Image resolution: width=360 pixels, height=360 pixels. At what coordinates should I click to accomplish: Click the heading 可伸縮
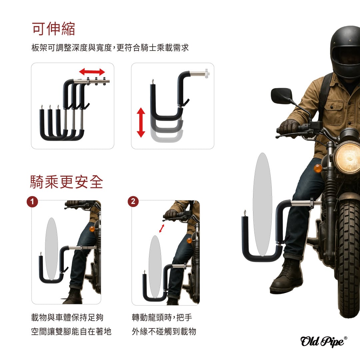tap(53, 29)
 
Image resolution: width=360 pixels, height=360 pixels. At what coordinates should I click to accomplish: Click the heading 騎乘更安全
tap(67, 182)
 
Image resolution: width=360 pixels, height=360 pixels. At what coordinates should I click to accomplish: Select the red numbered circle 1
tap(32, 202)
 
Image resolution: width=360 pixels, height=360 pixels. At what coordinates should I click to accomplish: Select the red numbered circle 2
tap(133, 202)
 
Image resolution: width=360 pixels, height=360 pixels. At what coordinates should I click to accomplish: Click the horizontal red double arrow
tap(92, 72)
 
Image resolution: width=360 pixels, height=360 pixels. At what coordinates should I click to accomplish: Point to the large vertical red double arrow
tap(141, 122)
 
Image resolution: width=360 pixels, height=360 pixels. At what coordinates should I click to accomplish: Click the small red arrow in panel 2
tap(162, 228)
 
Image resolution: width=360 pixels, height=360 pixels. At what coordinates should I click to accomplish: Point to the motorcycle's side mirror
tap(281, 96)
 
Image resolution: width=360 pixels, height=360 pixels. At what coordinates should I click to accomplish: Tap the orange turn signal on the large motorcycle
tap(318, 169)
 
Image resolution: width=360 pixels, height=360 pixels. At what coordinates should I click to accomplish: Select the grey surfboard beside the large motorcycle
tap(262, 204)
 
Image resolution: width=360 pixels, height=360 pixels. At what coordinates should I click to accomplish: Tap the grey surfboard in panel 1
tap(51, 249)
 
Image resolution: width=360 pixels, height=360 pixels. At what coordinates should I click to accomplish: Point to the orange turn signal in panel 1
tap(92, 229)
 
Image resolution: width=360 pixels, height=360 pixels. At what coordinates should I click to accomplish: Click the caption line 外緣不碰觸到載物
tap(164, 331)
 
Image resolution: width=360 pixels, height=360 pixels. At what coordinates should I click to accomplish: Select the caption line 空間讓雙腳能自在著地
tap(71, 331)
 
